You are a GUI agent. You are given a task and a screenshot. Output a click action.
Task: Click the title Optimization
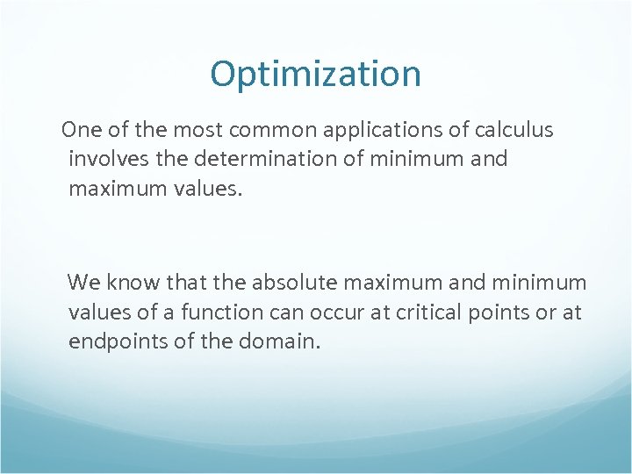[x=315, y=75]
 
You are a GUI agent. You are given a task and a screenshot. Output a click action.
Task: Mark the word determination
[x=254, y=160]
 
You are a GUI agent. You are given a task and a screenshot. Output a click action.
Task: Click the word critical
[x=418, y=312]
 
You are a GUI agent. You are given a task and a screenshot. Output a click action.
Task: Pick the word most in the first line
[x=198, y=131]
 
